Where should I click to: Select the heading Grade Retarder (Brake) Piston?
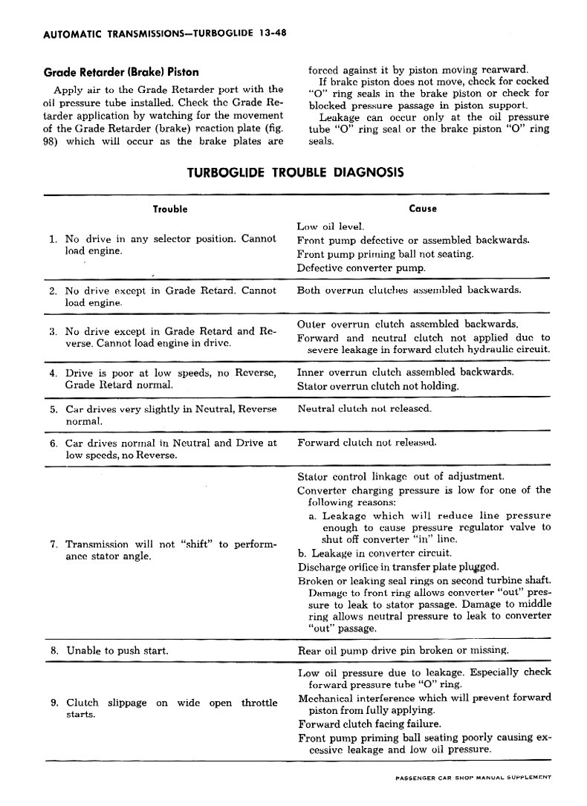click(x=122, y=72)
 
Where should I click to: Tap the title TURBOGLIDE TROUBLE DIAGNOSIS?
click(x=295, y=172)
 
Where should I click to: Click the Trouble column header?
click(x=169, y=209)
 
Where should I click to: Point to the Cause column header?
click(x=423, y=209)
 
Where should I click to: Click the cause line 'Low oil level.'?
click(x=330, y=226)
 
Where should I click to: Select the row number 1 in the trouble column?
click(x=53, y=239)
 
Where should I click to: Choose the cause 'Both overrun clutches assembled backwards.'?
click(x=409, y=290)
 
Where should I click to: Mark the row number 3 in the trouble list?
click(x=53, y=331)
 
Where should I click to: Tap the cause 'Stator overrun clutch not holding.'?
click(x=377, y=386)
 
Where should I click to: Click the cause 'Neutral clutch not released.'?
click(x=364, y=409)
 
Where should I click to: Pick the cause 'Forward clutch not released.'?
click(x=367, y=443)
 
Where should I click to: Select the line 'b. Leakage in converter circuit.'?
click(x=375, y=553)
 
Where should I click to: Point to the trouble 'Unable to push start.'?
click(x=117, y=651)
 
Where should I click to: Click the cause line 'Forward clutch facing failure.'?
click(x=369, y=724)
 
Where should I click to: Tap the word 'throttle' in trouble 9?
click(x=259, y=703)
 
